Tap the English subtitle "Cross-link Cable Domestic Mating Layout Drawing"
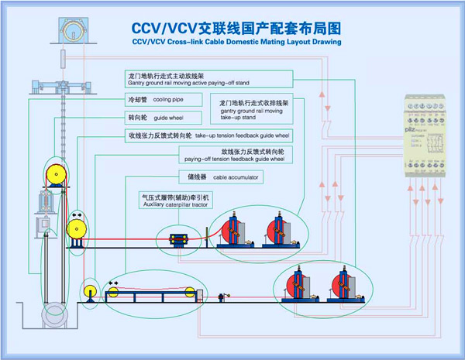(236, 43)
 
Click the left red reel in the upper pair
(233, 231)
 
